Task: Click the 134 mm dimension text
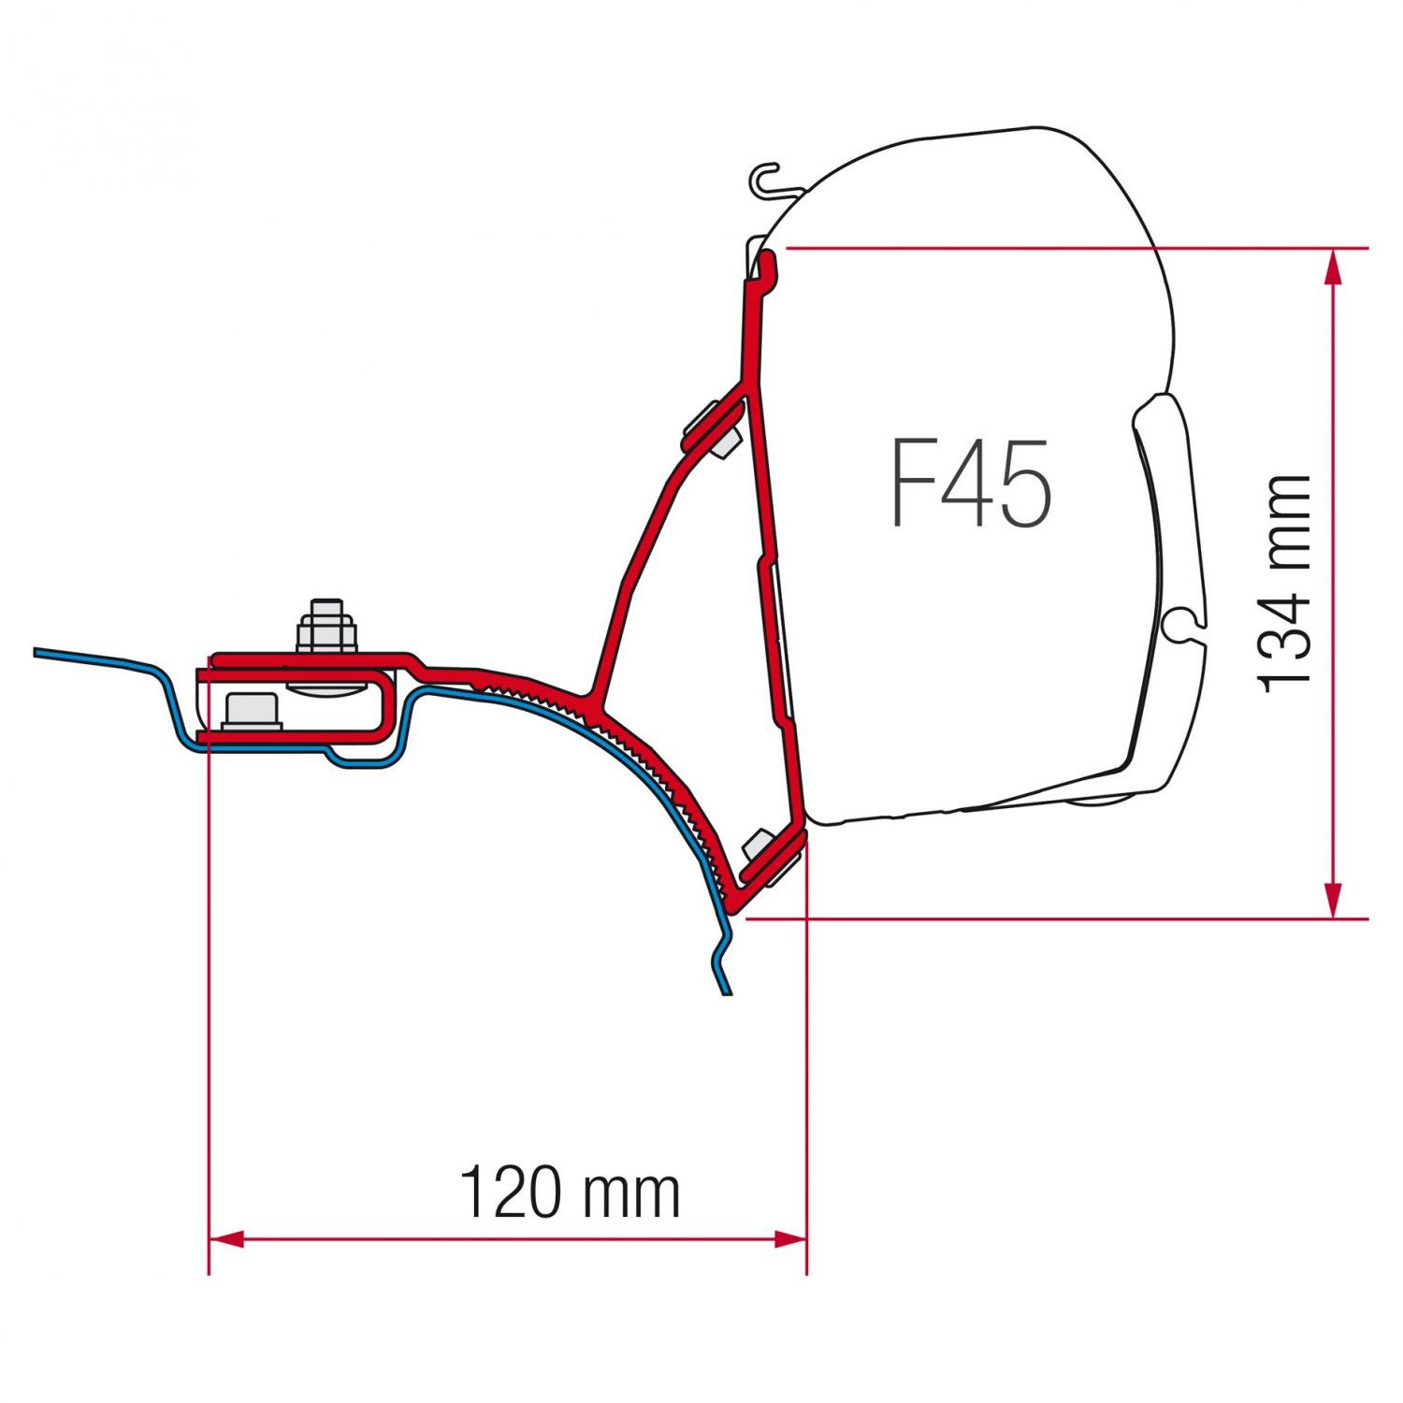[1284, 584]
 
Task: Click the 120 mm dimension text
[571, 1192]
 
